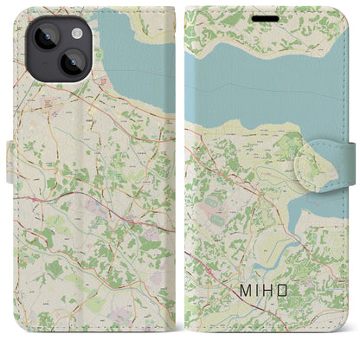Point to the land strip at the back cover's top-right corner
tap(164, 17)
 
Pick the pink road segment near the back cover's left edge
tap(35, 198)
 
